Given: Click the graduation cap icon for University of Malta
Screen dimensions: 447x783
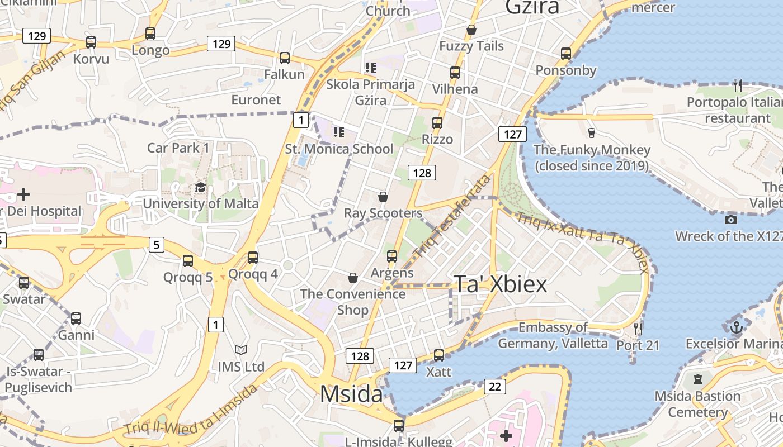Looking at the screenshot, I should pyautogui.click(x=200, y=188).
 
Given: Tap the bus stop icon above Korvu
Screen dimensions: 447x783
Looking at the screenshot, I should pyautogui.click(x=91, y=42).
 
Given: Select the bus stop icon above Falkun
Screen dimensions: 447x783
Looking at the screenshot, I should pyautogui.click(x=285, y=58).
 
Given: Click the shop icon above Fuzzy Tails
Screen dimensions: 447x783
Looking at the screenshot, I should pyautogui.click(x=471, y=30).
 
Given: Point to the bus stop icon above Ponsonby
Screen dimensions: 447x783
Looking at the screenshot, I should pyautogui.click(x=566, y=54).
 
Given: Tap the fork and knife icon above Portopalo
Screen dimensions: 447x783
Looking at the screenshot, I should pyautogui.click(x=738, y=85).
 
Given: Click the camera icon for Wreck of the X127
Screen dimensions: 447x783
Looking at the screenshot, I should pyautogui.click(x=730, y=220).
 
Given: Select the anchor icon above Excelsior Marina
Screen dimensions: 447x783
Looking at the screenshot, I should pyautogui.click(x=737, y=327).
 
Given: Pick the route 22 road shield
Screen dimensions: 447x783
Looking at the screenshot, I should pyautogui.click(x=495, y=386).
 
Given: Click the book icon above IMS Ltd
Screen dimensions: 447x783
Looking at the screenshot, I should pyautogui.click(x=241, y=350).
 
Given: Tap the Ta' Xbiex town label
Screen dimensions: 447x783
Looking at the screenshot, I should pyautogui.click(x=500, y=284).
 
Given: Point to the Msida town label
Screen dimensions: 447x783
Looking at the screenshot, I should pyautogui.click(x=351, y=394).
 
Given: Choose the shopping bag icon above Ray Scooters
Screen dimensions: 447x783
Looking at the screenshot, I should pyautogui.click(x=383, y=197).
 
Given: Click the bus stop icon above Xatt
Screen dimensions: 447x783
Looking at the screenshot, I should pyautogui.click(x=439, y=355).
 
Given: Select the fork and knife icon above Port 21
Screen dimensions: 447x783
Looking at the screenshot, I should pyautogui.click(x=638, y=329).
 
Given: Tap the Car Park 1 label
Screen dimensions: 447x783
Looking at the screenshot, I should pyautogui.click(x=178, y=148).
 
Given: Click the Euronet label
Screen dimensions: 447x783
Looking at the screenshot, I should pyautogui.click(x=256, y=100).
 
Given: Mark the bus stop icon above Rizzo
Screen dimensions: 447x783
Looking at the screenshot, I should pyautogui.click(x=437, y=123).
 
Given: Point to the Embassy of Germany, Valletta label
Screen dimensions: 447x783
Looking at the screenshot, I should pyautogui.click(x=553, y=335).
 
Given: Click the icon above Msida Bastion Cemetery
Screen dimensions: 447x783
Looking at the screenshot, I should pyautogui.click(x=697, y=380).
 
